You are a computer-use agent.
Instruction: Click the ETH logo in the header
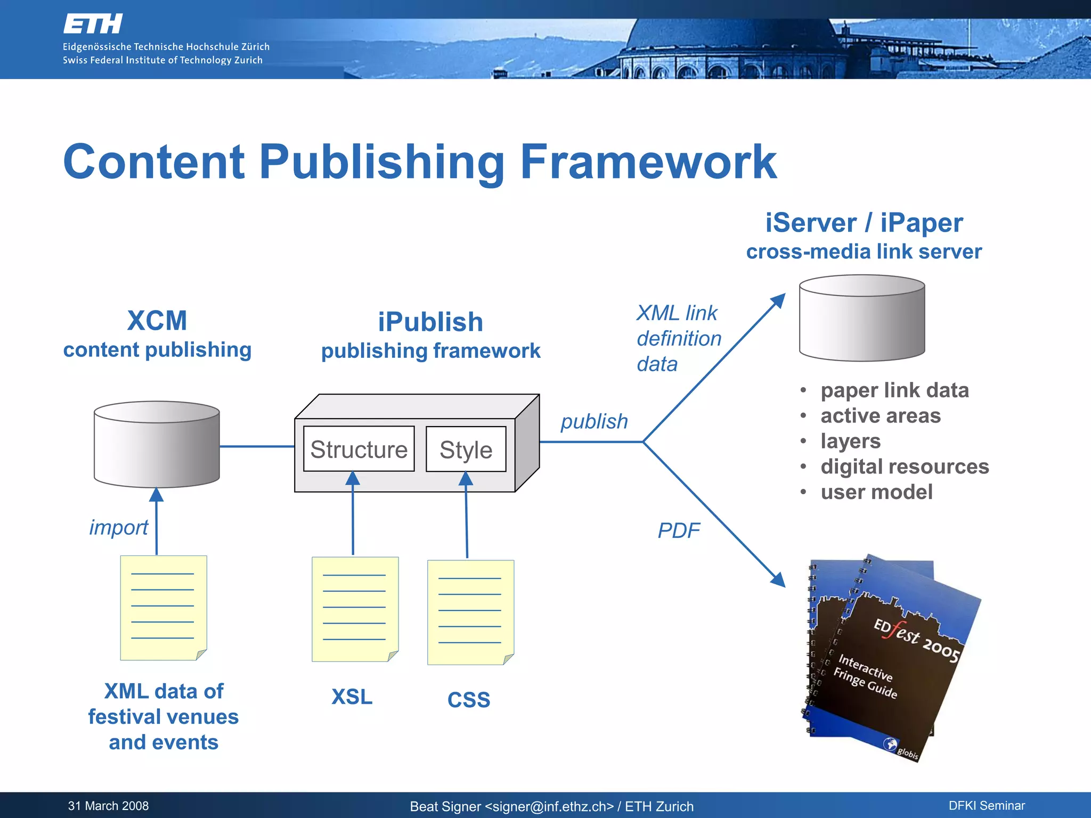pyautogui.click(x=93, y=24)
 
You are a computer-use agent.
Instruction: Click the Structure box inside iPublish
pyautogui.click(x=359, y=449)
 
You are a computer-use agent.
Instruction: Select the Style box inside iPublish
pyautogui.click(x=466, y=449)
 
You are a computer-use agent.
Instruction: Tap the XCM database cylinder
pyautogui.click(x=157, y=445)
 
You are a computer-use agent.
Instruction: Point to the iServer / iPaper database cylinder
pyautogui.click(x=862, y=318)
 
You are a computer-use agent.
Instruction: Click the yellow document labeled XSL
pyautogui.click(x=355, y=609)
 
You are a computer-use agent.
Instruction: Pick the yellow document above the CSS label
pyautogui.click(x=470, y=612)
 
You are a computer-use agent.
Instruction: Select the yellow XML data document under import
pyautogui.click(x=163, y=608)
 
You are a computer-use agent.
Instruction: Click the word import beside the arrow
pyautogui.click(x=118, y=527)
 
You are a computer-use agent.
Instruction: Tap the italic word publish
pyautogui.click(x=594, y=421)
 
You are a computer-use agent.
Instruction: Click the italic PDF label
pyautogui.click(x=678, y=530)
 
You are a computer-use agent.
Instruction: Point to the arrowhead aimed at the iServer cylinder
pyautogui.click(x=779, y=300)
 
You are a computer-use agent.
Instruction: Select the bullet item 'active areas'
pyautogui.click(x=881, y=416)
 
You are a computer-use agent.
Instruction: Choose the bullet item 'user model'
pyautogui.click(x=876, y=492)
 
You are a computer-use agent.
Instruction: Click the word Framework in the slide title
pyautogui.click(x=648, y=162)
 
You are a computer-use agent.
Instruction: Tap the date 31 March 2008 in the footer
pyautogui.click(x=108, y=806)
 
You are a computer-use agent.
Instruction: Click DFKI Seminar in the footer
pyautogui.click(x=987, y=806)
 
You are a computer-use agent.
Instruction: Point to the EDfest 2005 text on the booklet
pyautogui.click(x=916, y=640)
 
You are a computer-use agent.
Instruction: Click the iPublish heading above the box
pyautogui.click(x=430, y=322)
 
